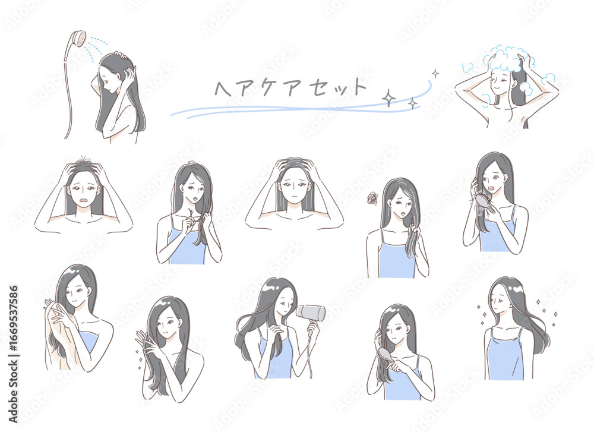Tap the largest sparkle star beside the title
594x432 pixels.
(x=388, y=99)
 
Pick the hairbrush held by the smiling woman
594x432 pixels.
(x=386, y=356)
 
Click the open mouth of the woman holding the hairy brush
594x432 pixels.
(x=492, y=189)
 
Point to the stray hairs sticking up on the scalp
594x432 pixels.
(x=84, y=159)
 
